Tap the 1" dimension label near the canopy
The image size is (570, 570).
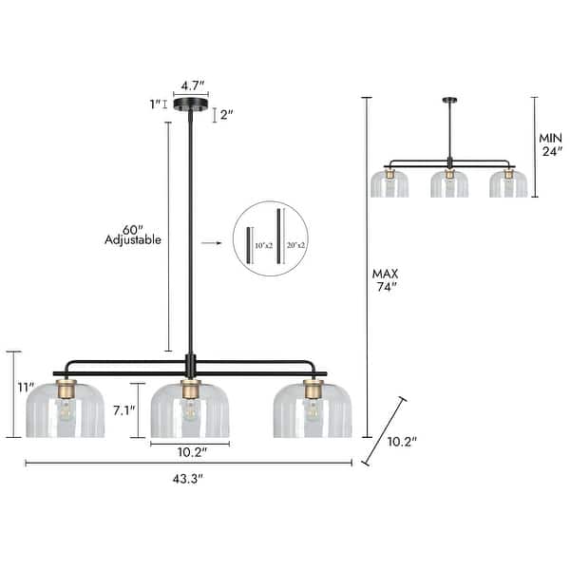point(155,104)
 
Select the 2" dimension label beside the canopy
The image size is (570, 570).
point(226,114)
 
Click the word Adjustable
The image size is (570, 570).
point(133,240)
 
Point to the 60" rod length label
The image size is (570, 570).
point(133,228)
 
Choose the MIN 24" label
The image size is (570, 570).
point(551,143)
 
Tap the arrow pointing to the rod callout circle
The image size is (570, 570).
point(210,243)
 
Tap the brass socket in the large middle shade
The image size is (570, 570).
point(190,389)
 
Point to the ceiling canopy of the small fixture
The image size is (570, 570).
point(448,101)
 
